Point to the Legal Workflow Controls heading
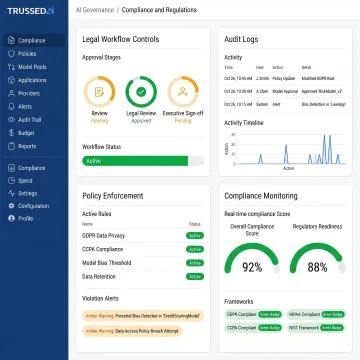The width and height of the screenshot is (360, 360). [120, 39]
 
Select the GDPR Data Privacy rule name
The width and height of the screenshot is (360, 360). [104, 235]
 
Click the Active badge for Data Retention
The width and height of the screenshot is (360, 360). [195, 275]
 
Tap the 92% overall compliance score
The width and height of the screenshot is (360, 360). [252, 267]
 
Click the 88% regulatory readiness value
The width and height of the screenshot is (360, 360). [317, 267]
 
